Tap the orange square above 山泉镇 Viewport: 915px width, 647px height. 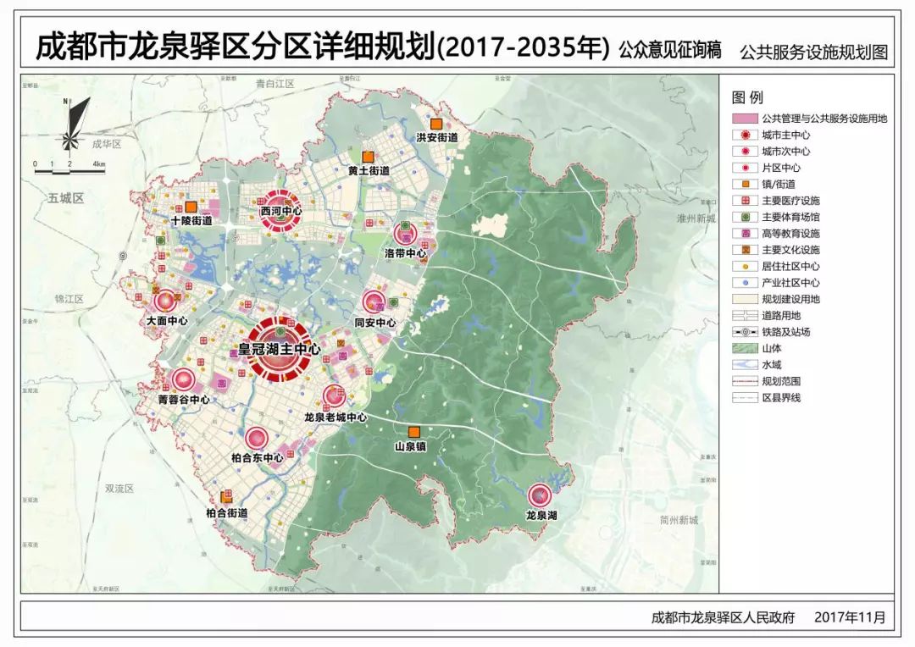pos(414,431)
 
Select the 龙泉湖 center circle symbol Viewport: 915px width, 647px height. pos(540,495)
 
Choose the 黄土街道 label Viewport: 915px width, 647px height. pos(369,170)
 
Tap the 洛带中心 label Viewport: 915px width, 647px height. pos(405,252)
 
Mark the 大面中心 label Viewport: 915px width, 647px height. pos(166,321)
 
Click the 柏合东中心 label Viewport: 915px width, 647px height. pos(257,457)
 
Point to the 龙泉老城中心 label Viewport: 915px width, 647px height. pos(335,417)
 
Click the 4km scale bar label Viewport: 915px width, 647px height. pos(99,163)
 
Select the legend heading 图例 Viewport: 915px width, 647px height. pos(747,98)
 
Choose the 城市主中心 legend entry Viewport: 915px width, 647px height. pos(785,135)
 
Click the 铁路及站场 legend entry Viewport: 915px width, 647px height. pos(785,332)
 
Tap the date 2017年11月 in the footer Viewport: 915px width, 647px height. pos(850,617)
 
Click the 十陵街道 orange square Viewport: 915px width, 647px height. pos(191,207)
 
